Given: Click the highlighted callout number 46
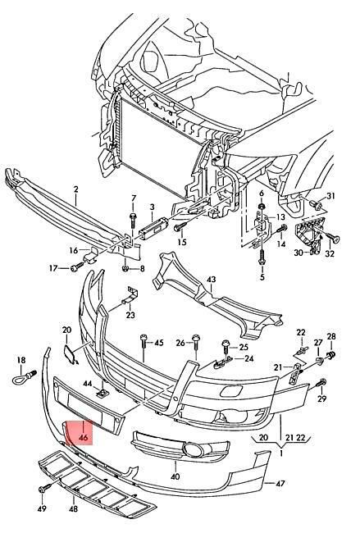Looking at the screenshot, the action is point(84,438).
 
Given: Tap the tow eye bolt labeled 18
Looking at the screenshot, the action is point(23,377).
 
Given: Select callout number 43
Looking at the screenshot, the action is point(211,280).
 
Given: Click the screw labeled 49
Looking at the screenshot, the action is point(44,489).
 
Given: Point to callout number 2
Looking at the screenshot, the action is point(75,189).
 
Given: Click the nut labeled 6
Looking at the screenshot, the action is point(262,206).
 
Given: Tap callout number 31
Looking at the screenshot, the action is point(330,196).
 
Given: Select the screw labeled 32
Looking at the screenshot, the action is point(332,238).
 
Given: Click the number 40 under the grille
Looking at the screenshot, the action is point(175,476).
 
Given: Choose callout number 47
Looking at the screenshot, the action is point(280,483).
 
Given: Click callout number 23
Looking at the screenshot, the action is point(130,315).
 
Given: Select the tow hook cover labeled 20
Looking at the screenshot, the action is point(70,354).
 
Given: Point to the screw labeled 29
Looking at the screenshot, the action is point(321,383).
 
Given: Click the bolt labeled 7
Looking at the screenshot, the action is point(133,221).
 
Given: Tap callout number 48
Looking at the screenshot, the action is point(74,509).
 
